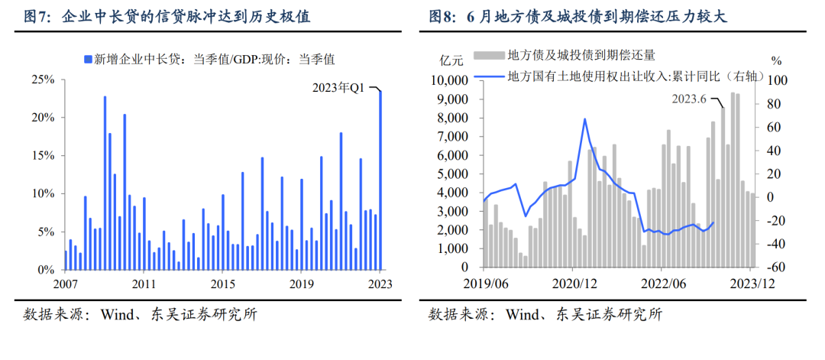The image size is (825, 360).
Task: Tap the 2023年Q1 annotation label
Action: [x=340, y=88]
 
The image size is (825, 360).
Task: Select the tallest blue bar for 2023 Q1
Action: [x=380, y=180]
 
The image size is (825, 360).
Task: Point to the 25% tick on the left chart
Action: [x=43, y=79]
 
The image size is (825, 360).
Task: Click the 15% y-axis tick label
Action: [x=43, y=155]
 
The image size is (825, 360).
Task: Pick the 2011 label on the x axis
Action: [x=144, y=284]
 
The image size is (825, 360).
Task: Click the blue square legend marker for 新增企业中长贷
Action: [x=88, y=59]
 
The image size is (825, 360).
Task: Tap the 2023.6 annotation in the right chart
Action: [x=690, y=99]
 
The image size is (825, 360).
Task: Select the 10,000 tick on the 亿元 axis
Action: [x=449, y=80]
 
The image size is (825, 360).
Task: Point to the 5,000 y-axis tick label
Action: [x=452, y=174]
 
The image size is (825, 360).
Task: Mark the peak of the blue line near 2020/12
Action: [x=584, y=119]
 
